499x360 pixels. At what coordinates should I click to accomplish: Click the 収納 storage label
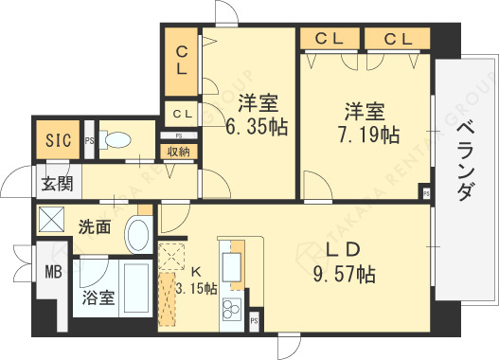179,150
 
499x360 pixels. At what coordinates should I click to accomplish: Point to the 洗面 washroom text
95,227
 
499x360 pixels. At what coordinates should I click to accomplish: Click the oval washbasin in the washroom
139,234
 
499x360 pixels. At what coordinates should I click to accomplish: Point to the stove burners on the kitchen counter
231,308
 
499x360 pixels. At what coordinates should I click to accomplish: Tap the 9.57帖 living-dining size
345,276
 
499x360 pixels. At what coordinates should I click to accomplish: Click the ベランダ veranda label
465,161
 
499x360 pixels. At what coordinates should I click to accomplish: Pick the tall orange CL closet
181,60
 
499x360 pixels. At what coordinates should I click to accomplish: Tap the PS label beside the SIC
89,142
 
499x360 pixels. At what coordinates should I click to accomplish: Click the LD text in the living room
341,251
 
